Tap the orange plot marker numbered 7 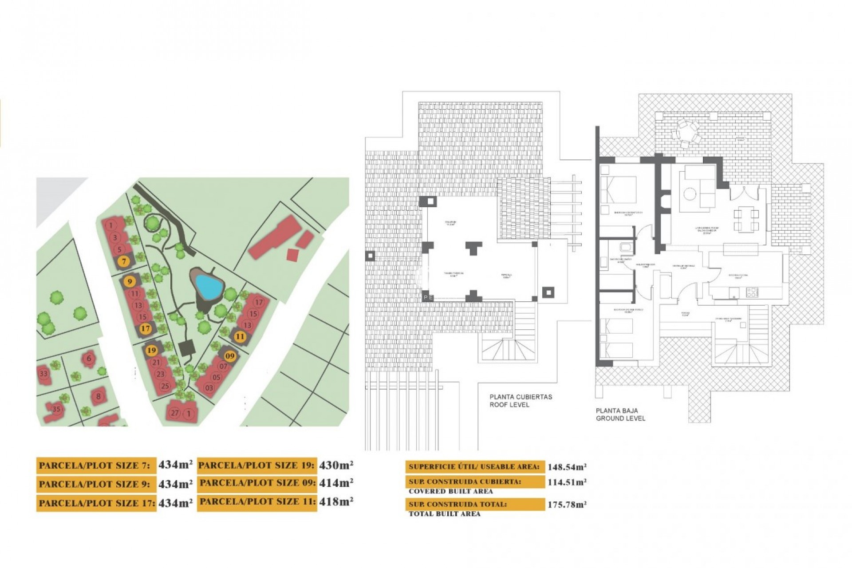pos(124,262)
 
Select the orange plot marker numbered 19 pos(152,351)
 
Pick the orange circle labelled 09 pos(230,356)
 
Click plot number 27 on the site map pos(175,413)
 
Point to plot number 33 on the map pos(43,374)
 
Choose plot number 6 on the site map pos(89,359)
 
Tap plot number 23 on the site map pos(161,374)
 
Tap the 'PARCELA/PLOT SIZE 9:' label pos(95,484)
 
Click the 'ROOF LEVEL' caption pos(509,405)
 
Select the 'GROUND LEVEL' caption pos(620,418)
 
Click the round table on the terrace pos(687,132)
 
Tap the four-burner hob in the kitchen pos(752,292)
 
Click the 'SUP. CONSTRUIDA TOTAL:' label pos(458,505)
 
